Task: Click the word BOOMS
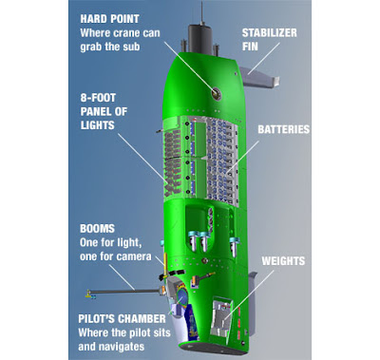(x=97, y=227)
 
